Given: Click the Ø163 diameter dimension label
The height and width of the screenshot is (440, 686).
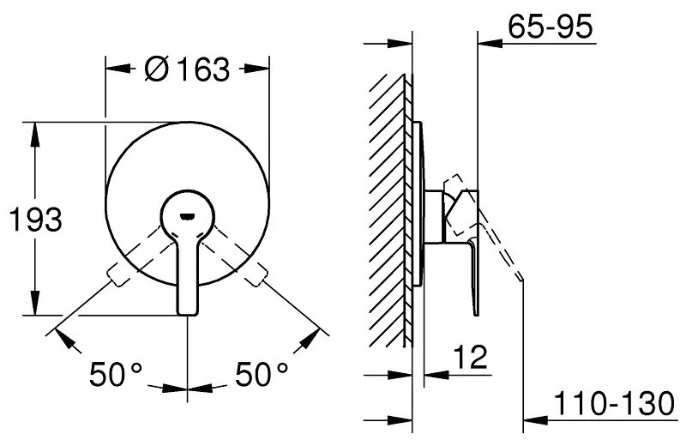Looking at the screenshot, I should tap(188, 69).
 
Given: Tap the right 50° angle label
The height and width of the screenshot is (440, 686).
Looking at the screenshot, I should tap(262, 374).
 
